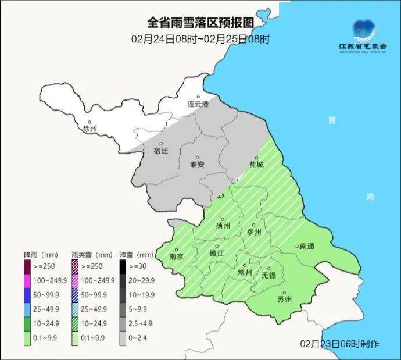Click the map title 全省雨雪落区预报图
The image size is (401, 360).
click(201, 23)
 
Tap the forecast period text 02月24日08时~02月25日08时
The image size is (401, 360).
click(201, 40)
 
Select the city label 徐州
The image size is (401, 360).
click(91, 129)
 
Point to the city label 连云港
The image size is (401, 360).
click(198, 104)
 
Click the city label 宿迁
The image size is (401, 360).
click(161, 151)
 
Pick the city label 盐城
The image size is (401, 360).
click(256, 165)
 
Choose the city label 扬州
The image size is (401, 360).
click(224, 225)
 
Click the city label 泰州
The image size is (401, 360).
click(255, 231)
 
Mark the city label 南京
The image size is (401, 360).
click(176, 256)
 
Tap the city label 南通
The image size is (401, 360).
click(306, 247)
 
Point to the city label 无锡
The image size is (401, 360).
click(268, 274)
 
